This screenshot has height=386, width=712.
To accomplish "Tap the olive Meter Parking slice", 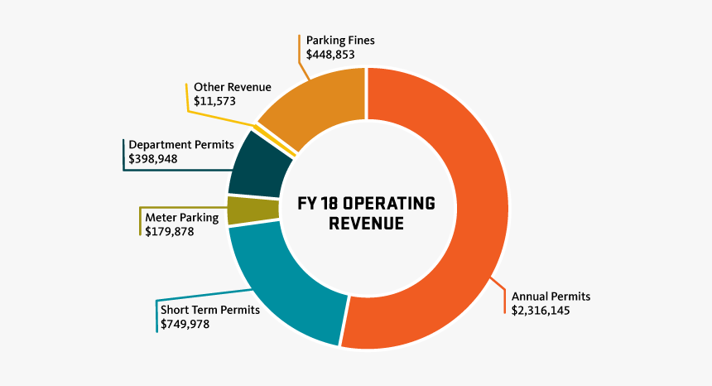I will [x=241, y=210].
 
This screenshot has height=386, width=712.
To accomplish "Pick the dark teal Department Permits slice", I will [x=258, y=166].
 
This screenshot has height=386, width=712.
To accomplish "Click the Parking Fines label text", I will [x=340, y=40].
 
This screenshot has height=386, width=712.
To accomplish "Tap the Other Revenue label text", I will [x=232, y=86].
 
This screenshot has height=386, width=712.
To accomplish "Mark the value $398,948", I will [x=153, y=158].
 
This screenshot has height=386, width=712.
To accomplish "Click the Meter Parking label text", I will [x=181, y=218].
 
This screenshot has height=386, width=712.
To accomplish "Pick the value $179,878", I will [x=170, y=233].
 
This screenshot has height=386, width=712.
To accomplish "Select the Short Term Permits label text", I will [x=210, y=310].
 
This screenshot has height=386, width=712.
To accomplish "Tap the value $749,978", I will [x=185, y=325].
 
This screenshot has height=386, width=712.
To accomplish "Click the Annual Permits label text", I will [x=551, y=296].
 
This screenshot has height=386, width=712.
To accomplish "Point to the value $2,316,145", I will [x=541, y=311].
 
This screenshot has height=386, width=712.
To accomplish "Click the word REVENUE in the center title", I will [x=366, y=224].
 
